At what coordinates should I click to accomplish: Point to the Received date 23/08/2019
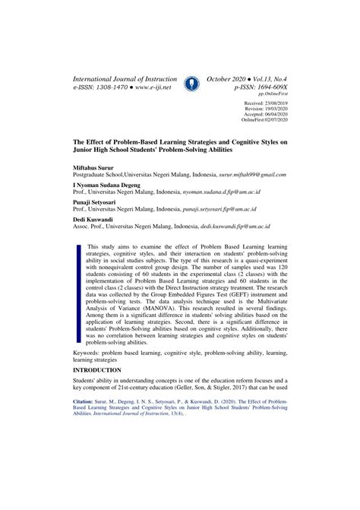(270, 102)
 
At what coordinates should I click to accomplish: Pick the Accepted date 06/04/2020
(270, 114)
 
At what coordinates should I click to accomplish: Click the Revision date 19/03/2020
(270, 108)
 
